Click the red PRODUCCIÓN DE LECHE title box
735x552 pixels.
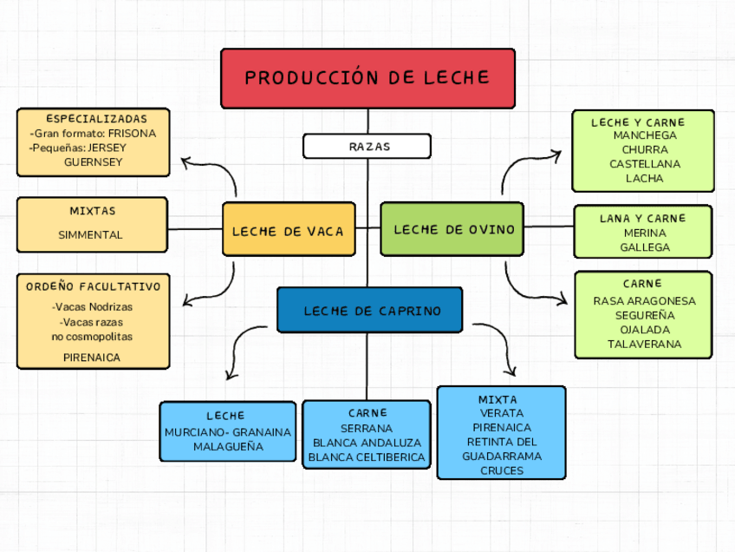click(x=367, y=78)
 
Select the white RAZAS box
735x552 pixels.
click(x=367, y=146)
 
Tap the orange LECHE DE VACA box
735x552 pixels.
click(x=289, y=230)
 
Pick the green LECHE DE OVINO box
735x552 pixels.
click(x=452, y=229)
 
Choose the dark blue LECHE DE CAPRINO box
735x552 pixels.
click(x=370, y=310)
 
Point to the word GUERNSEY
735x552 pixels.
click(x=93, y=161)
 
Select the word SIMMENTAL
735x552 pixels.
click(x=90, y=234)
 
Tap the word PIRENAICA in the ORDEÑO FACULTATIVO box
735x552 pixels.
click(x=92, y=357)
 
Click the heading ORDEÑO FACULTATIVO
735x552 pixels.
click(x=93, y=286)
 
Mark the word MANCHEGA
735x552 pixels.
click(x=644, y=135)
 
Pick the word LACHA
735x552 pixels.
click(x=644, y=178)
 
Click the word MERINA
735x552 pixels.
click(x=644, y=233)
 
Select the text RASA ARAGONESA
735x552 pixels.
click(x=644, y=300)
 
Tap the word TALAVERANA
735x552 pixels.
click(x=644, y=344)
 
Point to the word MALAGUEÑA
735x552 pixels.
click(x=228, y=446)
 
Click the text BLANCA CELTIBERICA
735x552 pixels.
click(x=367, y=457)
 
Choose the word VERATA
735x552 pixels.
click(x=502, y=413)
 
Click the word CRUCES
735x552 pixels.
click(x=502, y=470)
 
